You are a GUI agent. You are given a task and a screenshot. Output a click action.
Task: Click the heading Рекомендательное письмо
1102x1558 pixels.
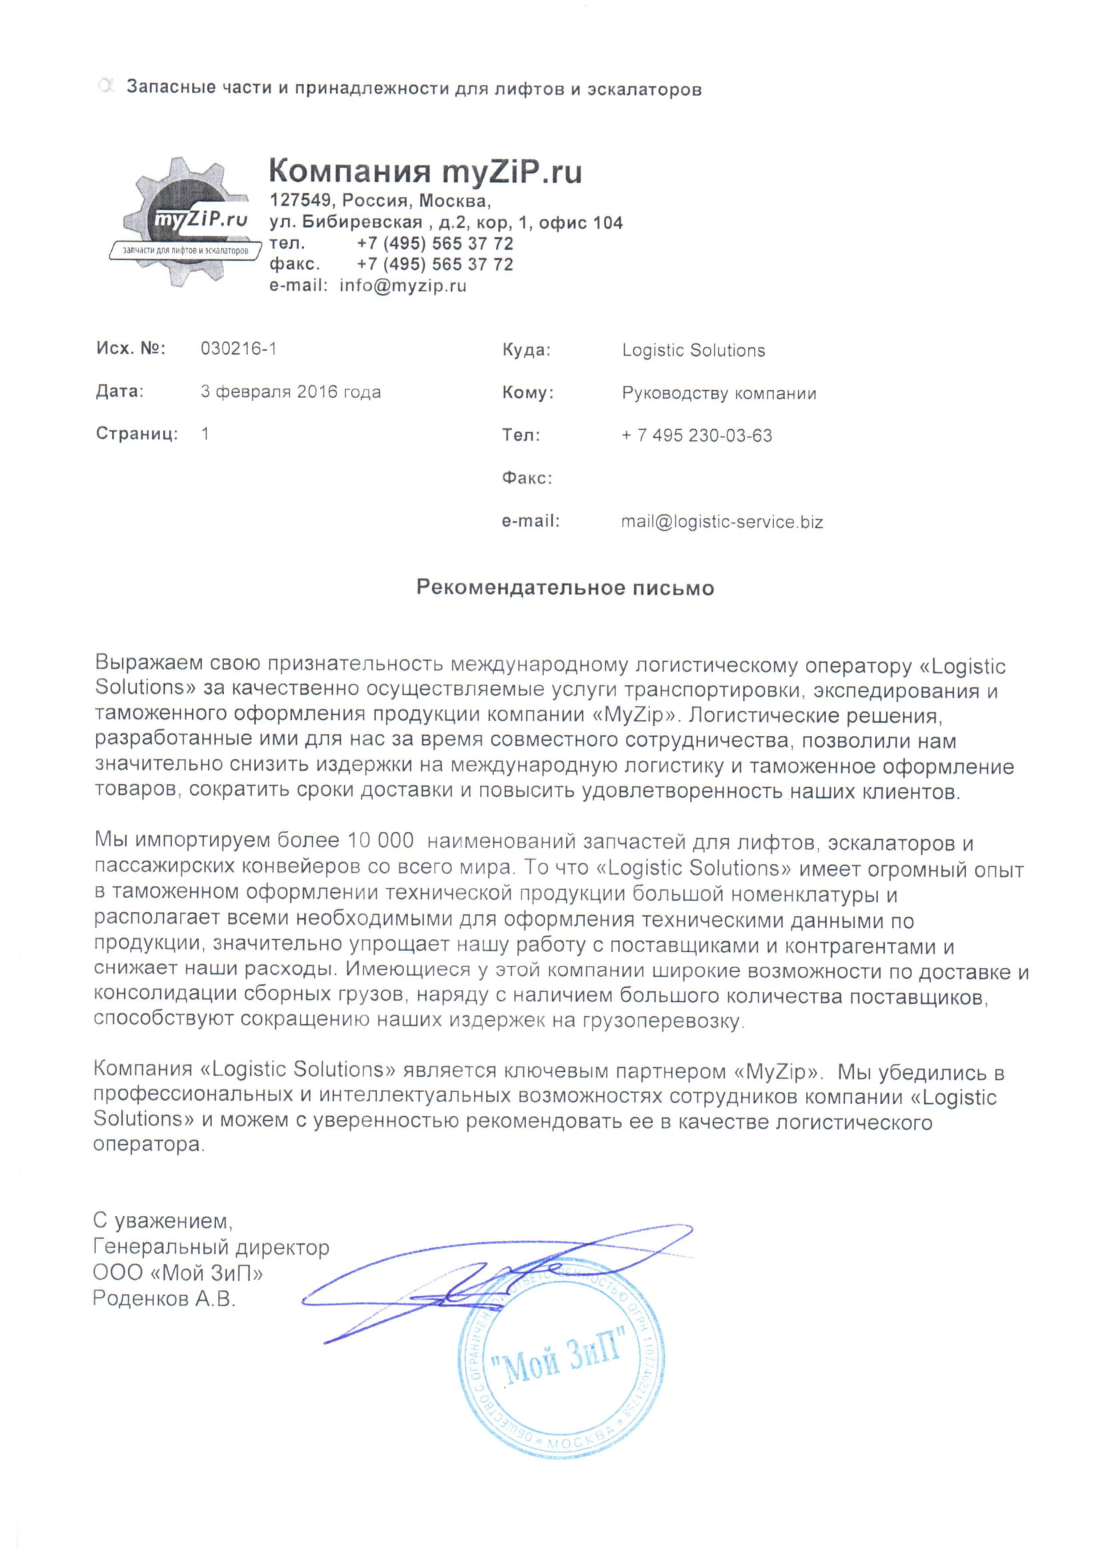(565, 587)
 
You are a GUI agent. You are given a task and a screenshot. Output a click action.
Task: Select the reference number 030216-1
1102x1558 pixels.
(238, 349)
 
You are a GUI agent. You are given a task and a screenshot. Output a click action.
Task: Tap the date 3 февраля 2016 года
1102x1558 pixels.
(291, 391)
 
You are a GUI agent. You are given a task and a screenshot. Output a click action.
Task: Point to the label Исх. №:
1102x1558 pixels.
(130, 349)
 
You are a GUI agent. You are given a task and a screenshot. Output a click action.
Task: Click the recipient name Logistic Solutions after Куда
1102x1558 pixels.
(693, 350)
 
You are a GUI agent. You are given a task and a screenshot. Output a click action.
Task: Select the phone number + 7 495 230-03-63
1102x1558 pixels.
(696, 435)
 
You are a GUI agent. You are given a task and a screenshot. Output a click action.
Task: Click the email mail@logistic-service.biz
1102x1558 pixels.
(721, 522)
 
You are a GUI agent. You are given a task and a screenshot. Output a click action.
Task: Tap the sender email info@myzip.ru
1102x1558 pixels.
(403, 286)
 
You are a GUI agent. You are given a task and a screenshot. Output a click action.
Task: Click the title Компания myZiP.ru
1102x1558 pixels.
(425, 172)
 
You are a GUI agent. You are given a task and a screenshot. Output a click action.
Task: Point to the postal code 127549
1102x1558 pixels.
(301, 201)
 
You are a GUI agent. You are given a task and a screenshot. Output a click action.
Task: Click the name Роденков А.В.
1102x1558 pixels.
(163, 1299)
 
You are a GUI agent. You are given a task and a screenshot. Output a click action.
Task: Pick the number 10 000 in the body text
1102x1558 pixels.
(380, 840)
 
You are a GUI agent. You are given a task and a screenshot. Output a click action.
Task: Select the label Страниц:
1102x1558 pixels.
(137, 433)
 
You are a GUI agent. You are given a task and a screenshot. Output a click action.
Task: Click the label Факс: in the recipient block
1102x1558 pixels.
(527, 479)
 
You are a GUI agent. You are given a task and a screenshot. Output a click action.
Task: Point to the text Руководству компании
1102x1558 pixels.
(719, 393)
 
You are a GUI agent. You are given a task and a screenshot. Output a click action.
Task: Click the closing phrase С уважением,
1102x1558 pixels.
(163, 1221)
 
